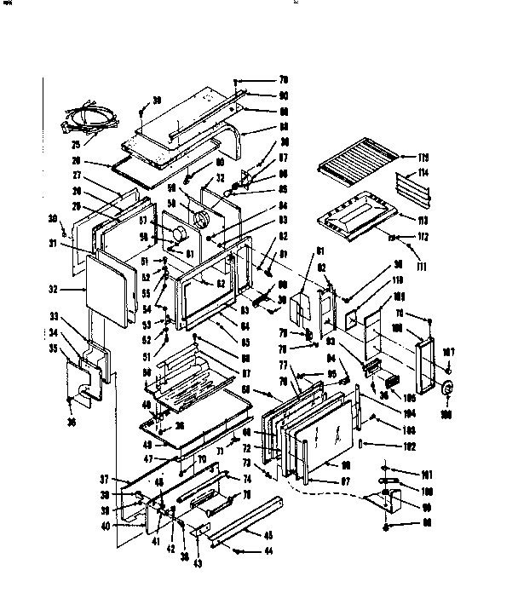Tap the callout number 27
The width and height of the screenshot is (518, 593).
coord(76,176)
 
